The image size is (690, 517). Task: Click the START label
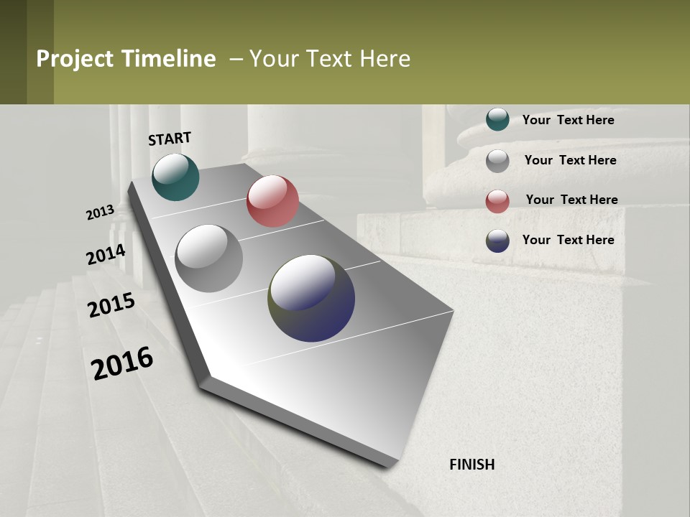click(x=170, y=139)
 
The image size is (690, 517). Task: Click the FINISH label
click(x=472, y=465)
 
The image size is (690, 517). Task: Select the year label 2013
click(x=101, y=213)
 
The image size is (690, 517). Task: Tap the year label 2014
click(x=106, y=255)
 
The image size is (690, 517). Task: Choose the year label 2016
click(x=122, y=363)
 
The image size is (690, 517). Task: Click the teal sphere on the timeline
click(x=175, y=177)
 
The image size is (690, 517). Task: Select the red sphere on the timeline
click(x=272, y=201)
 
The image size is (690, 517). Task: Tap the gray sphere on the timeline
click(x=208, y=258)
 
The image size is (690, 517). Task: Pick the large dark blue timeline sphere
click(x=311, y=298)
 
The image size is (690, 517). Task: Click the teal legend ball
click(x=497, y=119)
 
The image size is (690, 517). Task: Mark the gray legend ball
click(x=497, y=161)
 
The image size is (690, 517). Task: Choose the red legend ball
click(x=497, y=201)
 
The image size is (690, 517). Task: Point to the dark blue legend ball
click(x=497, y=241)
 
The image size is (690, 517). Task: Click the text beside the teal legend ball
click(x=568, y=120)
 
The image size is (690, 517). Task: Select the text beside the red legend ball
click(x=571, y=200)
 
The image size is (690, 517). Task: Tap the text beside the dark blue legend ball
click(x=568, y=240)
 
